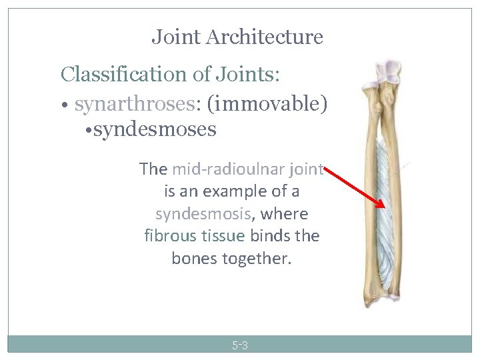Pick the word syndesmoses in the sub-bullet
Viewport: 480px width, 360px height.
(155, 129)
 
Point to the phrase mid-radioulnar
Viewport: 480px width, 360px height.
(220, 169)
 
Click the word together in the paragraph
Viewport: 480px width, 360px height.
(256, 258)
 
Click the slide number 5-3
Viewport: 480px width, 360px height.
(240, 345)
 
